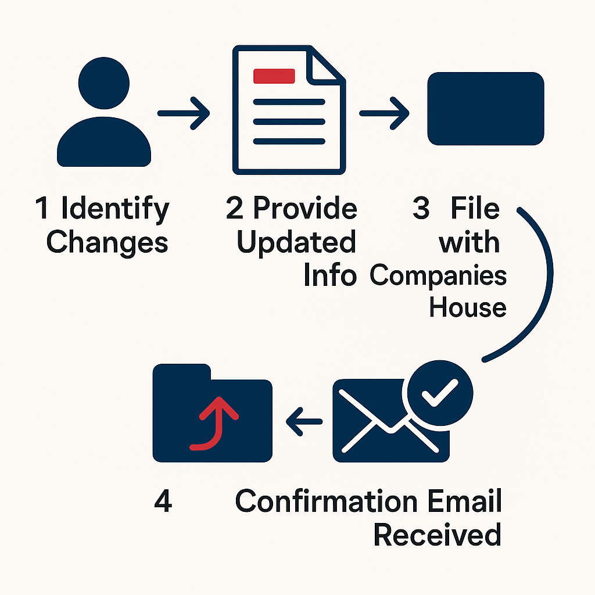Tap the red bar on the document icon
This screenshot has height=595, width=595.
tap(274, 76)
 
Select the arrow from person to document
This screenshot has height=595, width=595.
tap(184, 113)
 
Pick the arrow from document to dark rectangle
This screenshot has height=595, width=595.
tap(385, 113)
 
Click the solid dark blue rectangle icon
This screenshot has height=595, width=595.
tap(485, 109)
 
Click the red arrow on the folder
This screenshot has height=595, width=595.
tap(216, 423)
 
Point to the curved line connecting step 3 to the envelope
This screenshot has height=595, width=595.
tap(543, 279)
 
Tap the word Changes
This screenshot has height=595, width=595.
tap(107, 242)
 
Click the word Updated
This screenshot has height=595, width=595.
tap(296, 242)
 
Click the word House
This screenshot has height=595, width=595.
tap(468, 306)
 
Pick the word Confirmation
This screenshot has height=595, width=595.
tap(326, 501)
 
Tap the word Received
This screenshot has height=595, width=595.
tap(437, 535)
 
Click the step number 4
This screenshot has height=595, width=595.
tap(163, 501)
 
